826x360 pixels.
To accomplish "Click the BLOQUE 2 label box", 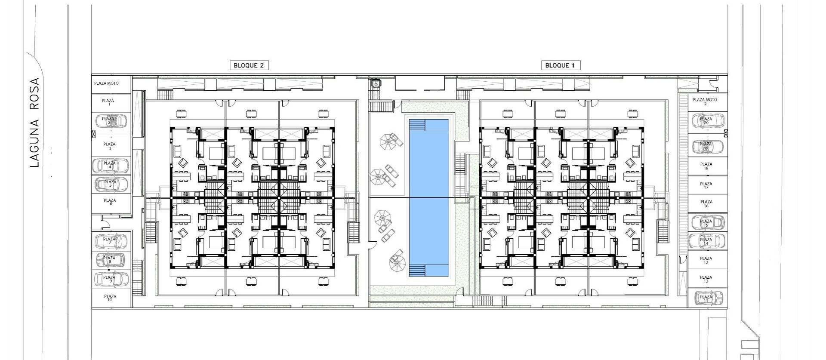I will click(249, 65).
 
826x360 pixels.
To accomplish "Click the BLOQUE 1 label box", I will click(560, 65).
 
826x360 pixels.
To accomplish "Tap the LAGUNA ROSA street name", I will click(35, 123).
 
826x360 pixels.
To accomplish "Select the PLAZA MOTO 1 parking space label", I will click(107, 85).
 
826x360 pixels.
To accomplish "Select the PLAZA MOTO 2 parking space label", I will click(705, 102).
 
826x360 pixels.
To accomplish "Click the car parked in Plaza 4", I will click(111, 165).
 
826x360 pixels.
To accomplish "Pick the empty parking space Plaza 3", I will click(110, 146).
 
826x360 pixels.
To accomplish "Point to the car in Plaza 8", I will click(110, 259).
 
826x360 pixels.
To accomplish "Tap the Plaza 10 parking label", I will click(111, 298).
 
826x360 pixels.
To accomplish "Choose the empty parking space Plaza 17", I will click(706, 185).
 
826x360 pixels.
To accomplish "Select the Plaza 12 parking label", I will click(706, 279).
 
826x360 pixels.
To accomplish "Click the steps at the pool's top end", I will click(416, 126).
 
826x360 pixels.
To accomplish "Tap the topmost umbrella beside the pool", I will click(387, 142).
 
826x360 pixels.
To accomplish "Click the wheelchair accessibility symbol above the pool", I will click(376, 84).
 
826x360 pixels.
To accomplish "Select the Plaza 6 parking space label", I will click(111, 202).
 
